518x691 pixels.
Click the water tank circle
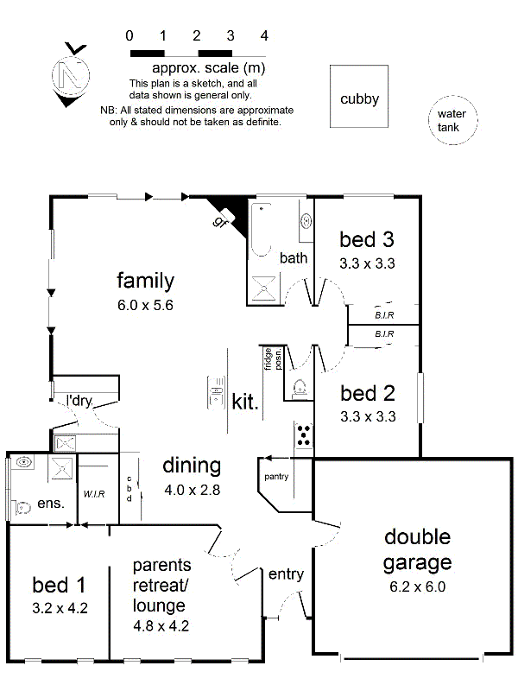coord(452,97)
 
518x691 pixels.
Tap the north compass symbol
coord(71,75)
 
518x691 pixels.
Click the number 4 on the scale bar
coord(264,35)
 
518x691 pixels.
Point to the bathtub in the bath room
coord(262,230)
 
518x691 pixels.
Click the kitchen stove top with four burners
coord(304,434)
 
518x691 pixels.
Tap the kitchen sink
coord(217,392)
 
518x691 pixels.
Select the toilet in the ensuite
coord(23,507)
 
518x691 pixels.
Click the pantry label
coord(276,477)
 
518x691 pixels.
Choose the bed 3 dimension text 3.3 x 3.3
coord(368,263)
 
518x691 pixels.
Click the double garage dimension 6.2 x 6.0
coord(418,587)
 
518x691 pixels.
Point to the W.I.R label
coord(94,494)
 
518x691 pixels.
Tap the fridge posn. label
coord(273,358)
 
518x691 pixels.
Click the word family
coord(145,281)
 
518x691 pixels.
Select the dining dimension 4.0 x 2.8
coord(193,490)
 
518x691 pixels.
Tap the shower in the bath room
coord(264,288)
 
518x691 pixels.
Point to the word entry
coord(286,574)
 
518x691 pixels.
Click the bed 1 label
coord(59,586)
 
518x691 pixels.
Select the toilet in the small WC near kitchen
coord(299,387)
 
